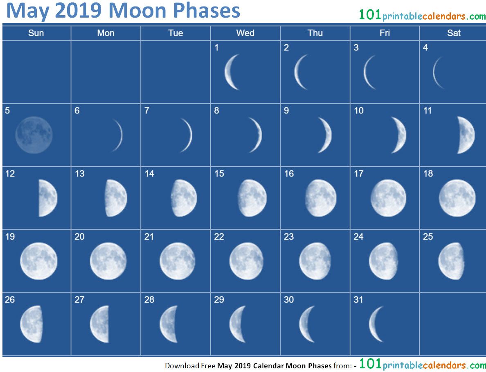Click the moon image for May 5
(34, 135)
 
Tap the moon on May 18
(457, 198)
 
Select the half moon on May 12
(48, 198)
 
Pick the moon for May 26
(32, 324)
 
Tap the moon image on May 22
(246, 261)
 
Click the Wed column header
(245, 33)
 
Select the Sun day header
(36, 33)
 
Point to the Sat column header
(454, 33)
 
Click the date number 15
(219, 174)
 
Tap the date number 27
(79, 299)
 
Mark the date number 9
(286, 111)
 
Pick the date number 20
(79, 237)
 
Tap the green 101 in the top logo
(370, 15)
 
